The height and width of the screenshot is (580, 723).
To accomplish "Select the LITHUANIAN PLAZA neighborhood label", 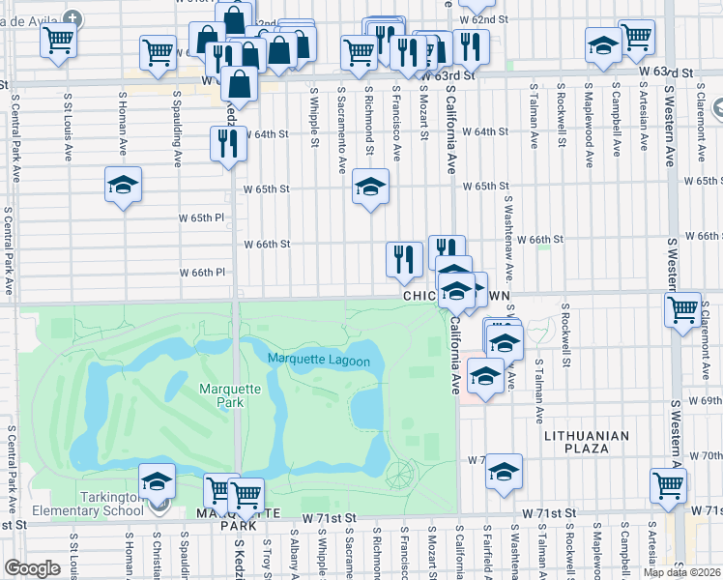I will [x=591, y=442].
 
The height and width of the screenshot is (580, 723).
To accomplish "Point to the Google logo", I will [x=32, y=568].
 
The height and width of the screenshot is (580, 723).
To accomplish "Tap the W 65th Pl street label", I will [x=201, y=217].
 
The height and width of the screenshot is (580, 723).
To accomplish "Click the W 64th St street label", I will [x=267, y=133].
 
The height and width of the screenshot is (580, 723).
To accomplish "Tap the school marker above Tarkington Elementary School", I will [x=157, y=480].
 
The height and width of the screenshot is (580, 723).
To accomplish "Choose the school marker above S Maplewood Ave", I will [x=603, y=45].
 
